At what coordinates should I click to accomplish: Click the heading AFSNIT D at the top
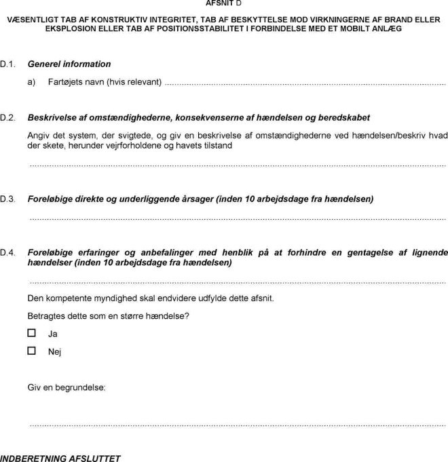coord(223,3)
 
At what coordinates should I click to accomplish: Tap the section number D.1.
coord(7,64)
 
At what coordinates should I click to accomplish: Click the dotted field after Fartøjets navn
coord(305,83)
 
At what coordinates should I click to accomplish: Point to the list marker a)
coord(31,83)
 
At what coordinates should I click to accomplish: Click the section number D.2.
coord(7,118)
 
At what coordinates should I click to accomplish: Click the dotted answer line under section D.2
coord(238,165)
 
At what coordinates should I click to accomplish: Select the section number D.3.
coord(7,199)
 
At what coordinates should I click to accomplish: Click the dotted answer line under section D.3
coord(238,219)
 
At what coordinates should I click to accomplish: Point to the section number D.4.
coord(7,253)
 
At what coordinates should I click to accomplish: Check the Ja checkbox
coord(31,333)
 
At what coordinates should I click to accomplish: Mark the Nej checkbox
coord(31,351)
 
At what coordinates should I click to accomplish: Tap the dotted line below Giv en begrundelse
coord(238,425)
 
